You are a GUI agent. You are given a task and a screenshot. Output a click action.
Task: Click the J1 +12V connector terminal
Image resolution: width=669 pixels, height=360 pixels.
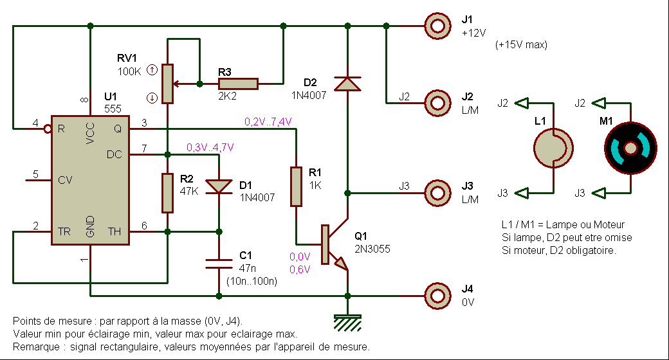(x=437, y=26)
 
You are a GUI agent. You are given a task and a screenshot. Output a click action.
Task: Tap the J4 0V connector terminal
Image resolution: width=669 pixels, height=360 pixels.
(x=437, y=296)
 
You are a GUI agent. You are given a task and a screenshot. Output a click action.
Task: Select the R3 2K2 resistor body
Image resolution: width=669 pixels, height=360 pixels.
(x=238, y=84)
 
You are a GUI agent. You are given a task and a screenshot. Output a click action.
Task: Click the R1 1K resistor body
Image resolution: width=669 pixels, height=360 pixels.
(x=296, y=186)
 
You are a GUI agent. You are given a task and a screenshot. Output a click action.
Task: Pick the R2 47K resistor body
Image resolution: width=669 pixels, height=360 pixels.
(x=167, y=193)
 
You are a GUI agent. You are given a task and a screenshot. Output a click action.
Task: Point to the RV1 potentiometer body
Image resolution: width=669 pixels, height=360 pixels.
(x=167, y=84)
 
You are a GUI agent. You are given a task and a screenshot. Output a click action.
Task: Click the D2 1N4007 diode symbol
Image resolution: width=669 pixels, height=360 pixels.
(x=347, y=84)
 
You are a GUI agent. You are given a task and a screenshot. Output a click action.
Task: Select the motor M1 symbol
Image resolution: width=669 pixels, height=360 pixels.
(x=630, y=148)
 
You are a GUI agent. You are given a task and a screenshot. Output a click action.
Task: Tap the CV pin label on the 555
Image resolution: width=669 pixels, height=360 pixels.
(x=65, y=181)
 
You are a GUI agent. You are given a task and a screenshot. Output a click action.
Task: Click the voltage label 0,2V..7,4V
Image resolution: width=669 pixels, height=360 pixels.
(x=268, y=121)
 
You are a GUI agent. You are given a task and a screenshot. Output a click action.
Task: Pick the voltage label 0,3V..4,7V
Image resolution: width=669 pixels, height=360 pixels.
(x=210, y=147)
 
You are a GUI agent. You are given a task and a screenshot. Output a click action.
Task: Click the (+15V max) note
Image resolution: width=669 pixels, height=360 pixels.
(x=521, y=45)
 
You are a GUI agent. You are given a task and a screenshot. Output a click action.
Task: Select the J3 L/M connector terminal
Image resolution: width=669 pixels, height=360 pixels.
(x=437, y=193)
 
